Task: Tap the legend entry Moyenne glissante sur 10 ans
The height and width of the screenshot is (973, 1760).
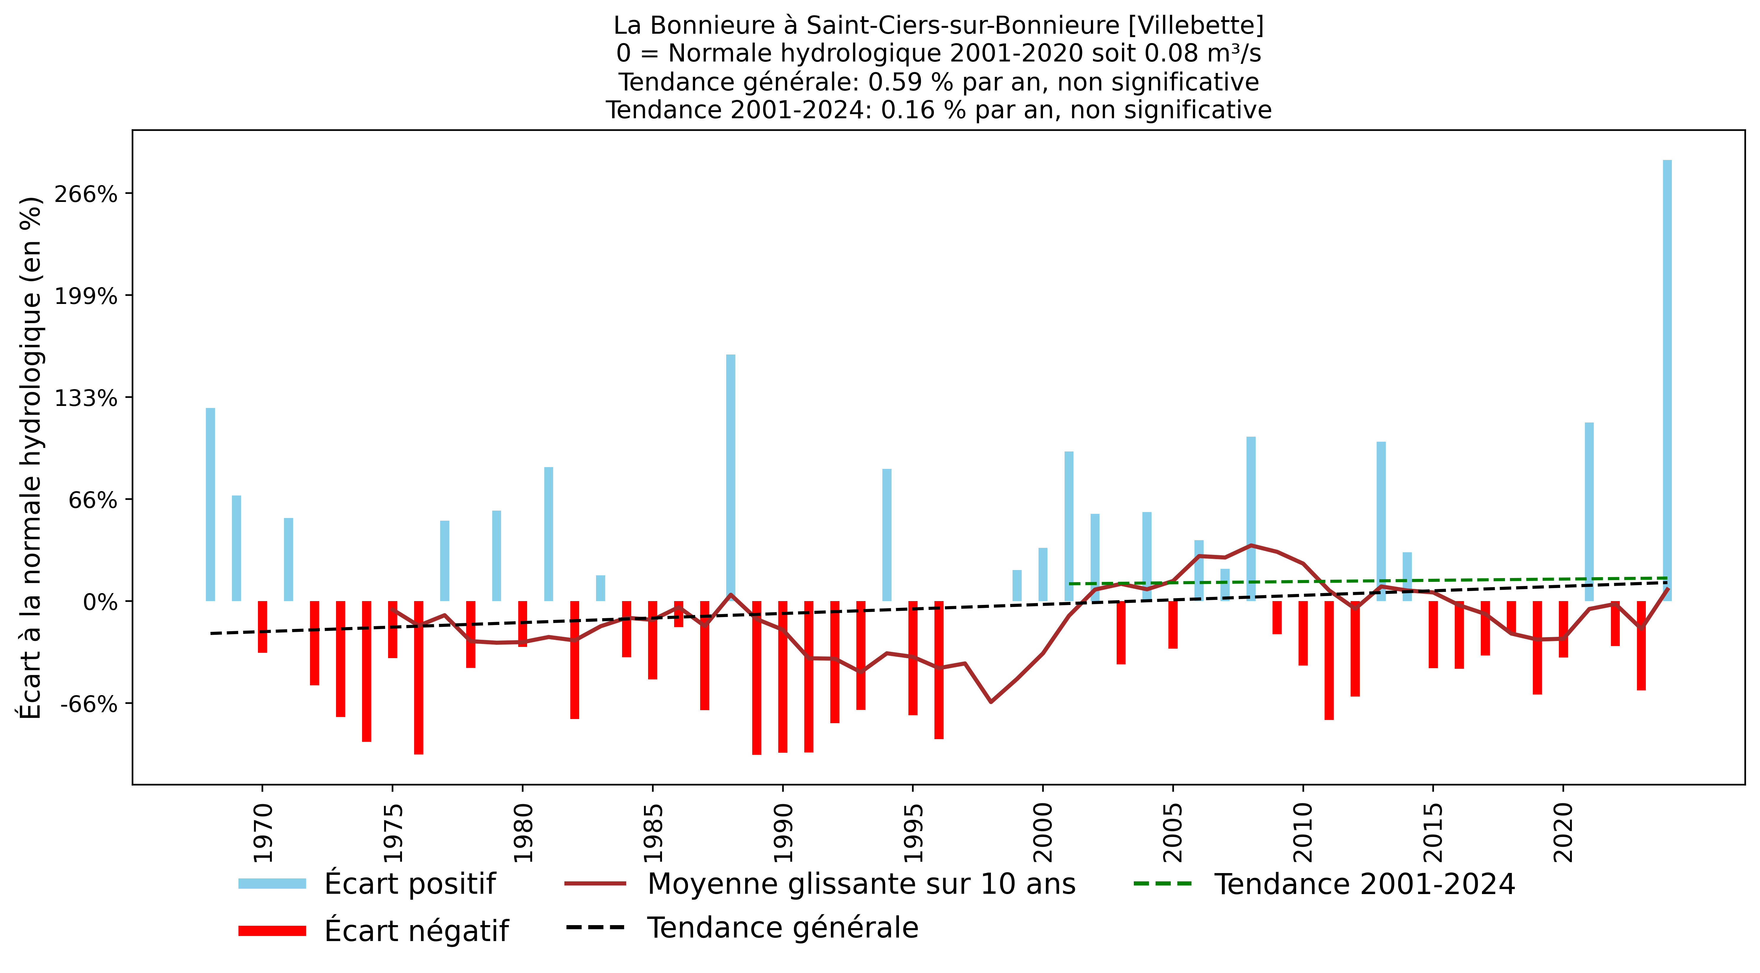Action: (x=861, y=883)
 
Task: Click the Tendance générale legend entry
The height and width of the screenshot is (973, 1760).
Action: (x=782, y=927)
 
